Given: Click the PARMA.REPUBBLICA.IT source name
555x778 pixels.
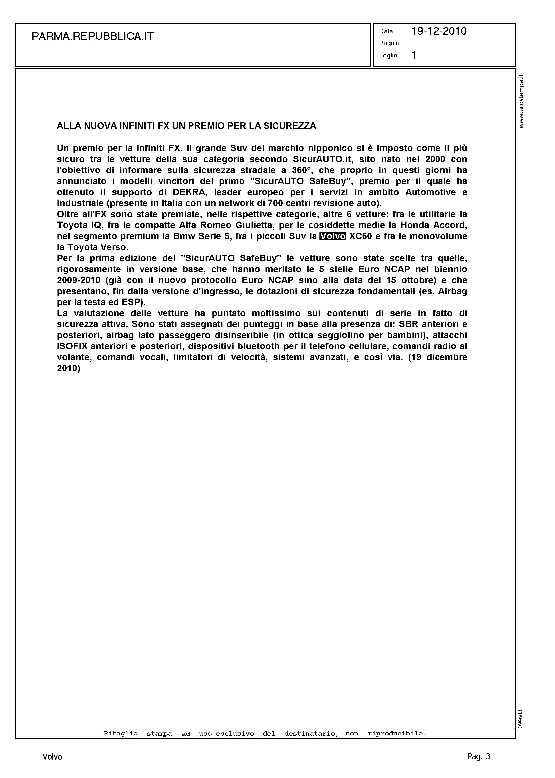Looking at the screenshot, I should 93,36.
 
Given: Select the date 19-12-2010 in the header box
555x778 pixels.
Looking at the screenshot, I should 439,32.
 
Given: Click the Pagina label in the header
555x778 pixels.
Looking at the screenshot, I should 389,43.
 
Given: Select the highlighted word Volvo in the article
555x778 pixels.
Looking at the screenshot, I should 332,236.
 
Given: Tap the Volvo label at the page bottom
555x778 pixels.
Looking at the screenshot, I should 52,757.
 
